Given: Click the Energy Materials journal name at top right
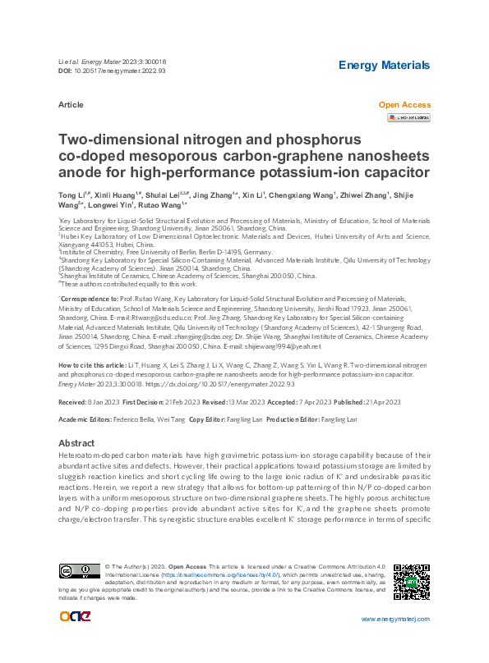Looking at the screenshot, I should pos(384,65).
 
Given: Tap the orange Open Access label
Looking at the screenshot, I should pos(404,105).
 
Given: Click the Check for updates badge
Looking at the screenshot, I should pos(408,118).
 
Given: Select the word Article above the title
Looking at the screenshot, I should pos(71,105).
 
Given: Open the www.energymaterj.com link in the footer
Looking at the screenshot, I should pos(395,618).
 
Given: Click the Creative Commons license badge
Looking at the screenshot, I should pos(79,571).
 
